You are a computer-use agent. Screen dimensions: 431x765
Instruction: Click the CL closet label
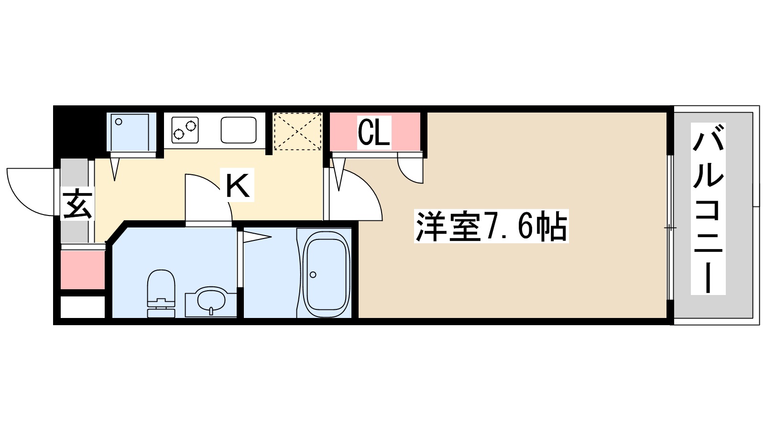click(x=374, y=132)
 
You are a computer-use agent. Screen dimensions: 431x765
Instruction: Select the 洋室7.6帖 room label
click(x=491, y=226)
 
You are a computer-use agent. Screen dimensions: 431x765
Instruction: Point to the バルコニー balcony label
click(x=708, y=208)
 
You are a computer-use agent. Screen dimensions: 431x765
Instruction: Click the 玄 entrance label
click(x=77, y=204)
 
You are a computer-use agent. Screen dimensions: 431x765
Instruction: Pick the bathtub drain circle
click(x=313, y=274)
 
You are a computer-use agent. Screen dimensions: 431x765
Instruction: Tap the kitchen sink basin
click(x=239, y=130)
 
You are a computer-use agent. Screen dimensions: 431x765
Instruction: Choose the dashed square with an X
click(x=297, y=131)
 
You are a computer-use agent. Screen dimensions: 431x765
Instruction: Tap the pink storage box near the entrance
click(x=83, y=270)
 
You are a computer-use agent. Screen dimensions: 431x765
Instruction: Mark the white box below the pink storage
click(x=83, y=307)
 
